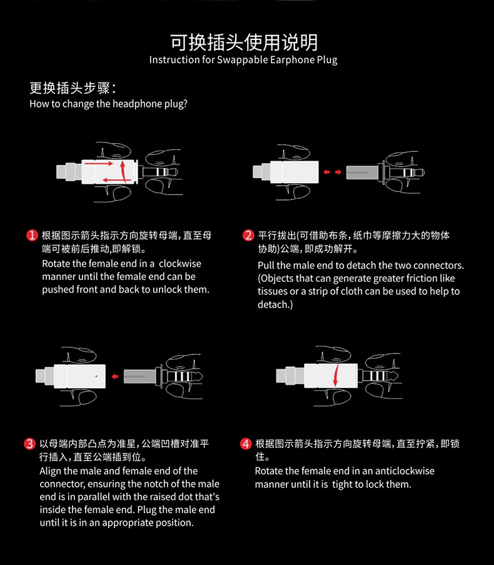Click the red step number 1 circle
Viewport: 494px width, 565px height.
[32, 235]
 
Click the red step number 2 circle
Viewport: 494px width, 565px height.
[248, 235]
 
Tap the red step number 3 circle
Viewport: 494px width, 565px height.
[29, 444]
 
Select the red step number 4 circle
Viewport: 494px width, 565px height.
[246, 444]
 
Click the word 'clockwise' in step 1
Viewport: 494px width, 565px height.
[180, 263]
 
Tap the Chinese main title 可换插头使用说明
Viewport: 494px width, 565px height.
[244, 42]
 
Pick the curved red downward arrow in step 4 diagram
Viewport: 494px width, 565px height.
[336, 375]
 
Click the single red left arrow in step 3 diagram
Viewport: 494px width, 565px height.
[115, 376]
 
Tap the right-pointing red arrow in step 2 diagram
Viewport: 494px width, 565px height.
[338, 172]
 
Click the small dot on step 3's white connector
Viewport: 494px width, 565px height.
[96, 376]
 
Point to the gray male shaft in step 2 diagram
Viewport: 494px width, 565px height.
[361, 172]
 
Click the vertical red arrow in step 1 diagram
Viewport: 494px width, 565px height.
[123, 171]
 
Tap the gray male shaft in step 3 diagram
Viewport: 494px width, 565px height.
[139, 376]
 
